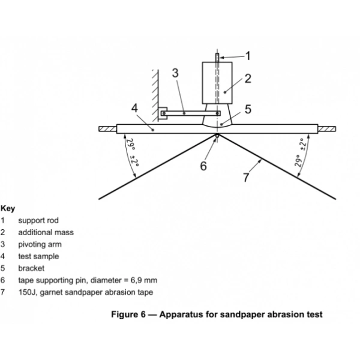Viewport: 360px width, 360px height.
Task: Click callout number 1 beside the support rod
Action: click(248, 55)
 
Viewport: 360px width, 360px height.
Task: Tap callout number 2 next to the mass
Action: click(247, 78)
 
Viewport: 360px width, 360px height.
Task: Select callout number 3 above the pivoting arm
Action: click(175, 74)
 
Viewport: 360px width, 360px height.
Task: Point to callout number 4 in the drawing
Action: click(135, 109)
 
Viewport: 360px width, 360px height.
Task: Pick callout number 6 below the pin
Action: click(204, 166)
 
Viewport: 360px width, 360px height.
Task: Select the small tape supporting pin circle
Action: click(217, 136)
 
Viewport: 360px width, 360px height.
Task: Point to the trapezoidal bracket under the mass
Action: click(218, 120)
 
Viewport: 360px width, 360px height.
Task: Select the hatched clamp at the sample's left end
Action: click(108, 128)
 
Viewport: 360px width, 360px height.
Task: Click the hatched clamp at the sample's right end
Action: click(327, 128)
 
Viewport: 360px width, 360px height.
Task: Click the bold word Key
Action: click(8, 209)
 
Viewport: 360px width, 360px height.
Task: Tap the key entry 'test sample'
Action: click(38, 256)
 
